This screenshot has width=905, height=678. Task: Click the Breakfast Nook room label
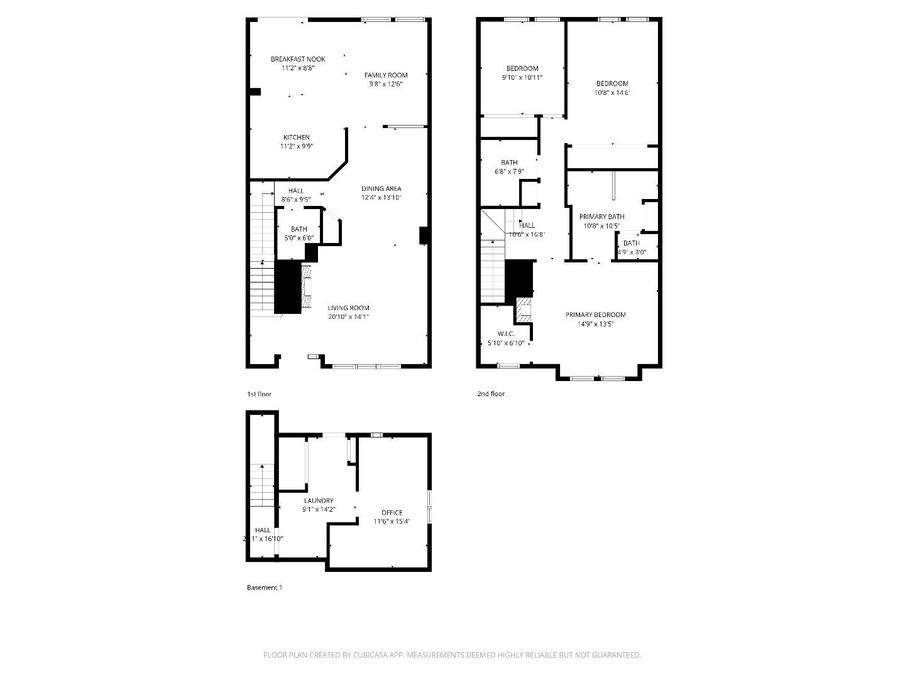pos(298,59)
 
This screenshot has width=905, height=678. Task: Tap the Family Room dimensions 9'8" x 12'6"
pos(386,84)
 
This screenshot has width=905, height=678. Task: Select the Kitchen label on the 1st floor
pos(296,137)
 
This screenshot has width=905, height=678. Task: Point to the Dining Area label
pos(381,189)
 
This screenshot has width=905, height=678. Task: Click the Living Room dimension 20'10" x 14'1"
pos(348,317)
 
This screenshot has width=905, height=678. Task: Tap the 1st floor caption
pos(259,394)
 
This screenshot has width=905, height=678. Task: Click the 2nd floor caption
pos(490,394)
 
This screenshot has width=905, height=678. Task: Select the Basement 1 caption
pos(264,588)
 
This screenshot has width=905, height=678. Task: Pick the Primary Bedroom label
pos(595,315)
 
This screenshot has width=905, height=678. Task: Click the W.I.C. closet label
pos(506,334)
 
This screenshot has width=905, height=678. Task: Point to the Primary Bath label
pos(601,217)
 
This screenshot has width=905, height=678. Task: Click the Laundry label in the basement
pos(319,501)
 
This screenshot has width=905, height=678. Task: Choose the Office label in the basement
pos(392,513)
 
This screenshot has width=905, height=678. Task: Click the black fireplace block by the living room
pos(288,287)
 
